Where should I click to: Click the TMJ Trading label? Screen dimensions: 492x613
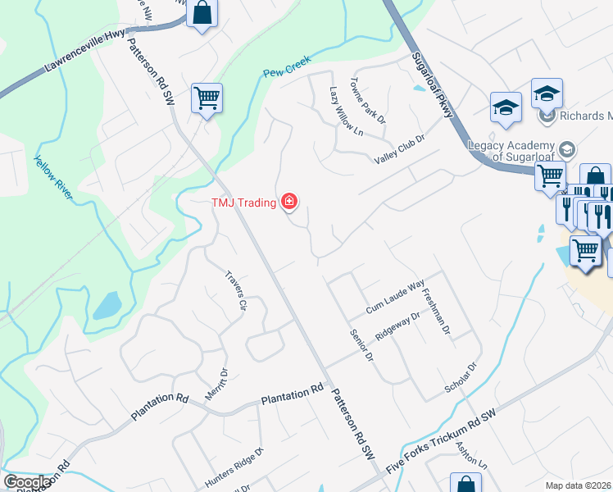(243, 202)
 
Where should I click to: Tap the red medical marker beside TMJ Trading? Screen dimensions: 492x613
(288, 201)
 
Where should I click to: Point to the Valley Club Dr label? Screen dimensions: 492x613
(400, 149)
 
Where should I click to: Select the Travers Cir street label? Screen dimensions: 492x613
(236, 288)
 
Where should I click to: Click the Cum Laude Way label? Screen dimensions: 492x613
(395, 306)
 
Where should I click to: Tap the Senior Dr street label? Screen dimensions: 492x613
(361, 345)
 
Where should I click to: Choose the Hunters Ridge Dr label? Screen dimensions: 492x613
(234, 467)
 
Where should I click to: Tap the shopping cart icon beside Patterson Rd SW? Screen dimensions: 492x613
(207, 98)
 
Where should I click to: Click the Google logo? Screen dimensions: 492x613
(27, 482)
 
